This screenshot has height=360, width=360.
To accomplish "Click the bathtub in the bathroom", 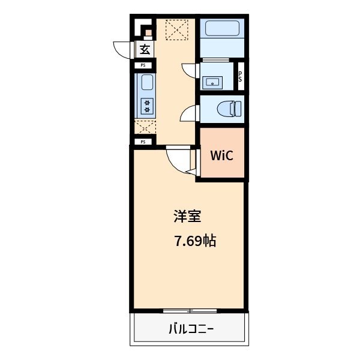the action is click(222, 28).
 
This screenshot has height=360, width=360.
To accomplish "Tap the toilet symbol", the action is click(229, 109).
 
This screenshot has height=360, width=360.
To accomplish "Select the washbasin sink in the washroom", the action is click(212, 82).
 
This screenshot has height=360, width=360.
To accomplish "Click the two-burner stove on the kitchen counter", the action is click(147, 106).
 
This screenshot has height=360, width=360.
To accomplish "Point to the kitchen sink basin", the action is click(147, 82).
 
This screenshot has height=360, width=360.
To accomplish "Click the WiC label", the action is click(221, 155).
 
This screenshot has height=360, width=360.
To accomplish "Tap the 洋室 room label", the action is click(187, 216).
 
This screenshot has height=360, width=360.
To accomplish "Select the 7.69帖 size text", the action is click(196, 241).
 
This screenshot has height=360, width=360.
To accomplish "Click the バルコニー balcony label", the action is click(191, 329).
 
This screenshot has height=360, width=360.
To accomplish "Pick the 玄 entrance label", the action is click(145, 49).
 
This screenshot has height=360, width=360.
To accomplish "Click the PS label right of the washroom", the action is click(240, 76).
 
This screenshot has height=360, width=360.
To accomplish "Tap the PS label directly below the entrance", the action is click(143, 65).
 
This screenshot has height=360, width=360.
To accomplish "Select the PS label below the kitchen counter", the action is click(143, 142).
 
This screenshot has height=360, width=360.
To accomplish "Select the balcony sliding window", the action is click(190, 311).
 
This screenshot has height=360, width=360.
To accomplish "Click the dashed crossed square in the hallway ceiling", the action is click(177, 30).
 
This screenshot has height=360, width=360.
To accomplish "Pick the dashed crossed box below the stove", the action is click(145, 127).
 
